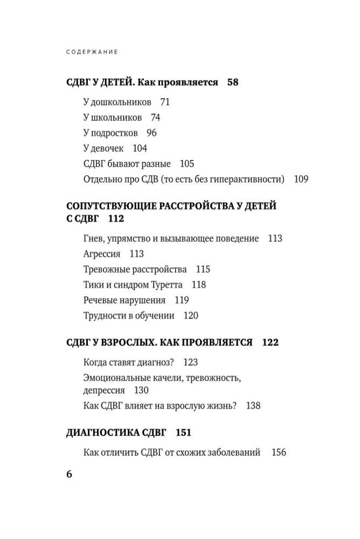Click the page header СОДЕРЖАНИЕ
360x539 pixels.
[x=92, y=52]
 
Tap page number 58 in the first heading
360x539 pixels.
[x=232, y=82]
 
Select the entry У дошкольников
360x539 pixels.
[x=117, y=102]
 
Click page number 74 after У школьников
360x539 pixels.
[x=155, y=118]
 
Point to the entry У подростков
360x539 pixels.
[x=111, y=133]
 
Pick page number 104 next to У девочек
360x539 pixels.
[x=140, y=149]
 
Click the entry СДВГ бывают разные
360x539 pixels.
[x=127, y=164]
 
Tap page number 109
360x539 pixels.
[x=301, y=179]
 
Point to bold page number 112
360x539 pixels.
[x=116, y=219]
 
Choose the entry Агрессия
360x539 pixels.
[x=102, y=254]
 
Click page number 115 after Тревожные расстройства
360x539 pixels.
[x=203, y=269]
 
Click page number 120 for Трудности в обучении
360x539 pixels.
[x=191, y=316]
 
